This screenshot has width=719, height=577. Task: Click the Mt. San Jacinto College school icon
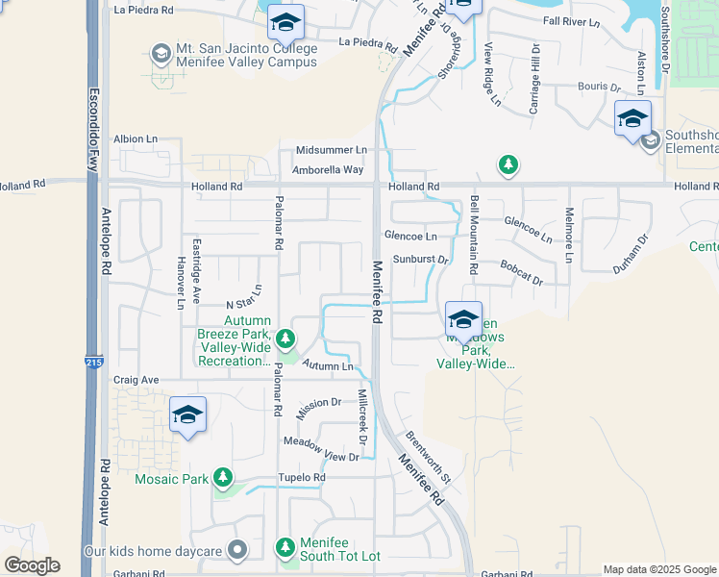pos(160,51)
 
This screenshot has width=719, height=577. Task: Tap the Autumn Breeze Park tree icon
pos(285,339)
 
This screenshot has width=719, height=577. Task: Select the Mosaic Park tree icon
pos(224,477)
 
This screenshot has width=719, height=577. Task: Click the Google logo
pos(31,565)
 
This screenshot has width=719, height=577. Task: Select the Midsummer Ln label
pos(331,150)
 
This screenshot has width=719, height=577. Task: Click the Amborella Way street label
pos(329,169)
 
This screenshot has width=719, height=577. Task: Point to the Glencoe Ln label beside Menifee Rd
pos(410,236)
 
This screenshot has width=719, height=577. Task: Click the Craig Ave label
pos(136,380)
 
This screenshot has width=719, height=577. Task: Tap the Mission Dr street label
pos(319,404)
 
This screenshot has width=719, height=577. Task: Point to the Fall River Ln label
pos(571,20)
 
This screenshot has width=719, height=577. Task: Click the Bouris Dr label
pos(599,87)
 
